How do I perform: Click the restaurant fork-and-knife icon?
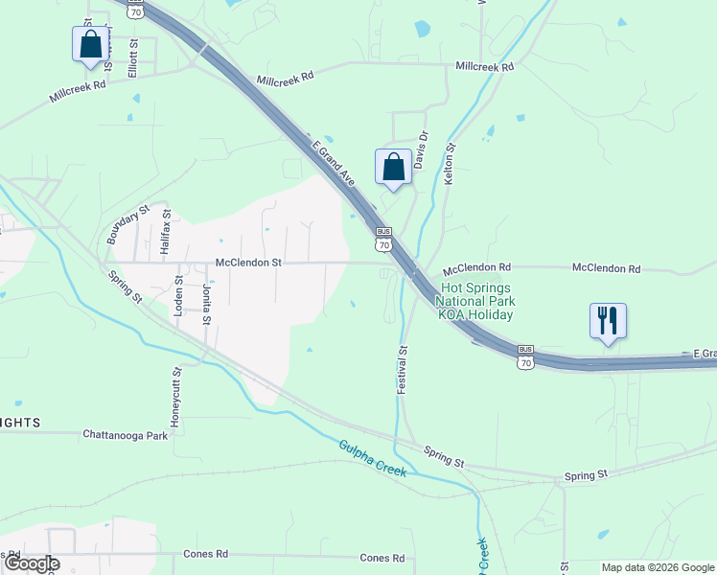[607, 320]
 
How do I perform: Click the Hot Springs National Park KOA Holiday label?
[475, 301]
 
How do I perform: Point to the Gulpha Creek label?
[372, 458]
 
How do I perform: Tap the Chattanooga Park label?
[125, 435]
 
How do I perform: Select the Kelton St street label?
[448, 165]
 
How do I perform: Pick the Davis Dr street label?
[419, 150]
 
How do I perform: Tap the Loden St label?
[178, 296]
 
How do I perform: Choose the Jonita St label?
[205, 303]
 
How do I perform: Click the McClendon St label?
[248, 262]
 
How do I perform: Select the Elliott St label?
[134, 57]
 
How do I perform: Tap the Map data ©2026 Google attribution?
[658, 567]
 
